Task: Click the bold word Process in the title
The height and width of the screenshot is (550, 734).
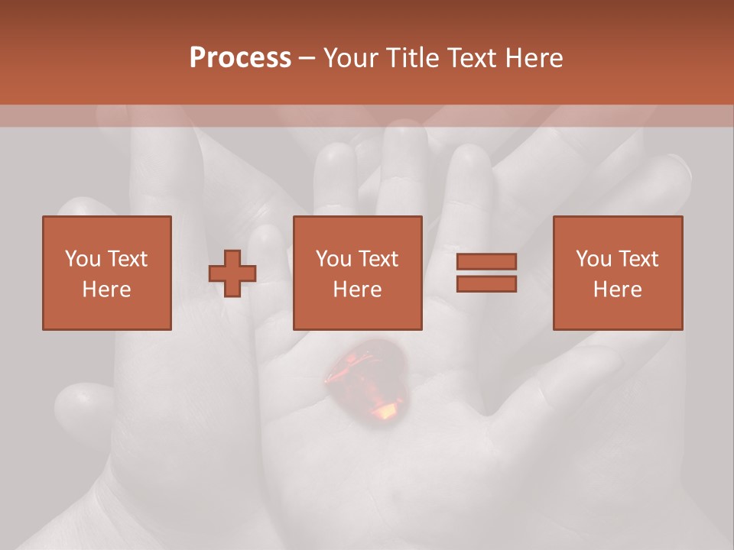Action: (x=240, y=58)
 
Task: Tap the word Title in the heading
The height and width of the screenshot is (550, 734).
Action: (x=414, y=58)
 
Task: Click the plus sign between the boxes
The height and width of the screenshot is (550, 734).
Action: (x=232, y=273)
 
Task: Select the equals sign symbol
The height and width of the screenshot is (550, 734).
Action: (x=486, y=273)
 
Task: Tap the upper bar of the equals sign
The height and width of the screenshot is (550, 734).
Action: (x=486, y=262)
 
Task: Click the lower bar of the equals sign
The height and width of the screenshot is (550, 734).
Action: (x=486, y=284)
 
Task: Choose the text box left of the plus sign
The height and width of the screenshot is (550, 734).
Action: (x=107, y=273)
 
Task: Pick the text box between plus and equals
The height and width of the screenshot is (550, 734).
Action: (x=358, y=273)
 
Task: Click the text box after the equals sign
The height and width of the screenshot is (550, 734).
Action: (x=618, y=273)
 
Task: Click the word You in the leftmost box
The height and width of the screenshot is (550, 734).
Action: (x=82, y=259)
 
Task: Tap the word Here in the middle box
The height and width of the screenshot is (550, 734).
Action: (x=358, y=290)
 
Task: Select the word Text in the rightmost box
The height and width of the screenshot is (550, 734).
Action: (x=638, y=259)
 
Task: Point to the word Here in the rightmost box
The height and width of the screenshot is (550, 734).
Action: (x=618, y=290)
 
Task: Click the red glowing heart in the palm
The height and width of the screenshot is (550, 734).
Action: (x=365, y=382)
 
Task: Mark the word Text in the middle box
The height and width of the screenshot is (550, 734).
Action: (x=378, y=259)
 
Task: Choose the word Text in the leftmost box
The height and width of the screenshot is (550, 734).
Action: (x=127, y=259)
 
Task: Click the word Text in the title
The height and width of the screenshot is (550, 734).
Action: (x=470, y=58)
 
